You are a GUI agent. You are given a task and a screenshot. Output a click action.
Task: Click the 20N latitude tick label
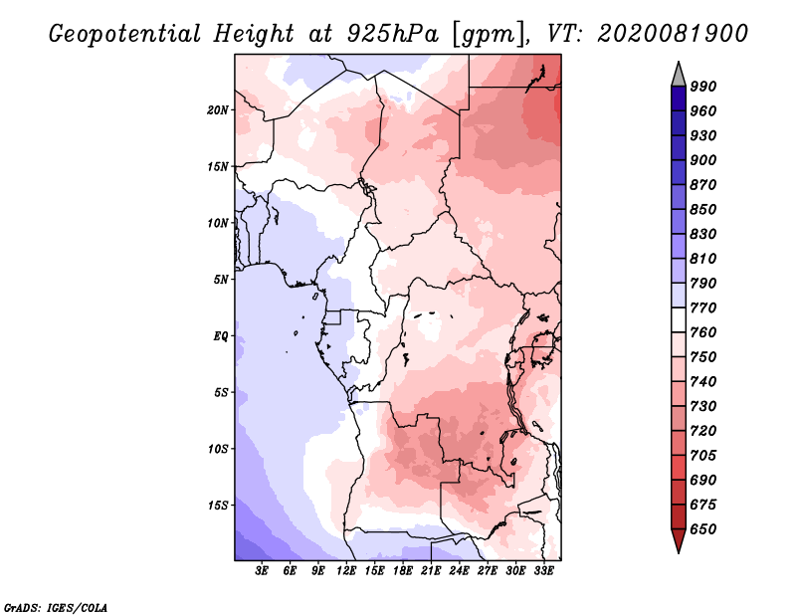(217, 110)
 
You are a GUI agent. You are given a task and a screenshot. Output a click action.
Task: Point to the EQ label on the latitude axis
(221, 336)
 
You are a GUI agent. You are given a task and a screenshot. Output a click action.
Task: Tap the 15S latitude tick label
(217, 506)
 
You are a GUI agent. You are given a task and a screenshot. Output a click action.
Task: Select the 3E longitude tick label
(262, 570)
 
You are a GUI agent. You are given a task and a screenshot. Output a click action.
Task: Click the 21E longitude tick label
(431, 570)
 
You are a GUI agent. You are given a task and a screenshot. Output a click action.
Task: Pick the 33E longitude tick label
(543, 570)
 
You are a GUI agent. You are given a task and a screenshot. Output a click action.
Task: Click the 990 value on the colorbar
(703, 87)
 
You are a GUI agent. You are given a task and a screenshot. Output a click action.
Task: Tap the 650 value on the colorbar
(703, 529)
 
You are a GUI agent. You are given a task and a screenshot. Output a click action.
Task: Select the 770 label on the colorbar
(703, 307)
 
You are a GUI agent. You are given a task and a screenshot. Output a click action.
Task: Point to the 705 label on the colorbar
(703, 456)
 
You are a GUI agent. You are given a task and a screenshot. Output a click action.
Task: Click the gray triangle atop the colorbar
(679, 76)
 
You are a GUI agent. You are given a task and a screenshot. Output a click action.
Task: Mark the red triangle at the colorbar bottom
(679, 540)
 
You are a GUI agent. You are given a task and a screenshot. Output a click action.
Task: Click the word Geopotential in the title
(125, 34)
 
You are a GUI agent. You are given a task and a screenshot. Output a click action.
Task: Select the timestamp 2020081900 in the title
(673, 34)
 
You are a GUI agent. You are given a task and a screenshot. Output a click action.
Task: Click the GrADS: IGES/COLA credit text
(56, 607)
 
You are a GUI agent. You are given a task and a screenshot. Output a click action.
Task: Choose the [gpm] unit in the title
(490, 35)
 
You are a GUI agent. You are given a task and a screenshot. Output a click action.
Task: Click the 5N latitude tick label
(221, 280)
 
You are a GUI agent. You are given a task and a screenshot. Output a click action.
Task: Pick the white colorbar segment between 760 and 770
(679, 320)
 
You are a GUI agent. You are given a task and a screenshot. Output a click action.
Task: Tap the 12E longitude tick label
(345, 570)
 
